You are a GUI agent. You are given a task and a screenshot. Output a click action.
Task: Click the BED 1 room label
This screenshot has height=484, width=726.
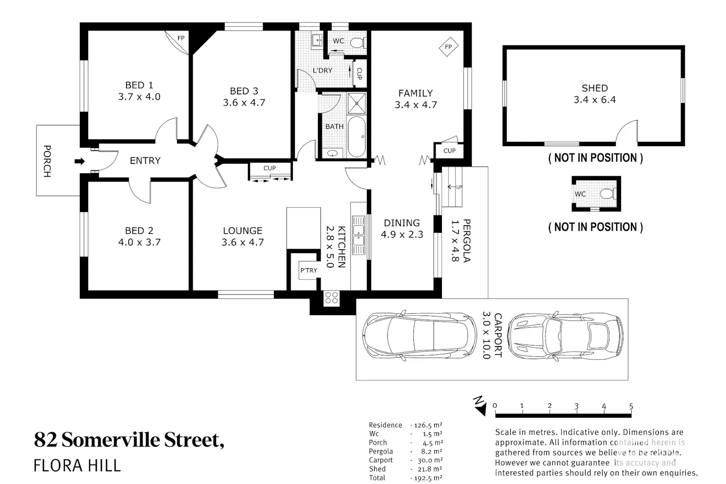pos(139,85)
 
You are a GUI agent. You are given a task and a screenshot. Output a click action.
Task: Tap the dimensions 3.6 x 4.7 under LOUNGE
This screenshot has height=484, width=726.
pos(243,242)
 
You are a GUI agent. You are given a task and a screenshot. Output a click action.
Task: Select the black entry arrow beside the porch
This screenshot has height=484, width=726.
pos(80,161)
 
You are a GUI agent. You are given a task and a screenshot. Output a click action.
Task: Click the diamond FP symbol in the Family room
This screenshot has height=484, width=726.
pos(449,47)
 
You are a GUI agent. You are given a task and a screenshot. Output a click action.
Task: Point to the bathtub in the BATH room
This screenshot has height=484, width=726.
pos(357,137)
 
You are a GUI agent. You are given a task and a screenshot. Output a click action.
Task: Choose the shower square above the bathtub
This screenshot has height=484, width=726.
pos(357,103)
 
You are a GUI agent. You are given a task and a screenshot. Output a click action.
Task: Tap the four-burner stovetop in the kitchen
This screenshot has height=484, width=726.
pos(332,298)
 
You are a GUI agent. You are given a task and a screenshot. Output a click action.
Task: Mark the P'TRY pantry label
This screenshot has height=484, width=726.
pos(309,271)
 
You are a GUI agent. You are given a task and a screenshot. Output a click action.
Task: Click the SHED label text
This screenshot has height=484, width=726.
pos(595,88)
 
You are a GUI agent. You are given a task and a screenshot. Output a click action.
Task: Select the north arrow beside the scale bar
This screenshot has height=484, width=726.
pos(480,406)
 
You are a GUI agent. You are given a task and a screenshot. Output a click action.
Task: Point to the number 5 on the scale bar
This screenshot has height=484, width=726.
pos(631,406)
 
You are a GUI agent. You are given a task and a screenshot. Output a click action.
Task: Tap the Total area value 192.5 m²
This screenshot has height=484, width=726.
pos(428,478)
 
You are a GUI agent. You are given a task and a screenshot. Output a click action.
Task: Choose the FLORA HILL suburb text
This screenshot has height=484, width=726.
pos(77,466)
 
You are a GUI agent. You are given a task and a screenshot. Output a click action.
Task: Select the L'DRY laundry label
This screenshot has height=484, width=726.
pos(322,70)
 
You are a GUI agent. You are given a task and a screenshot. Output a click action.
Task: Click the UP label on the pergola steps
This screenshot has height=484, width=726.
pos(459,187)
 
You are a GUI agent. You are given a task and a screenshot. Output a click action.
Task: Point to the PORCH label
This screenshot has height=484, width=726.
pos(47,161)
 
